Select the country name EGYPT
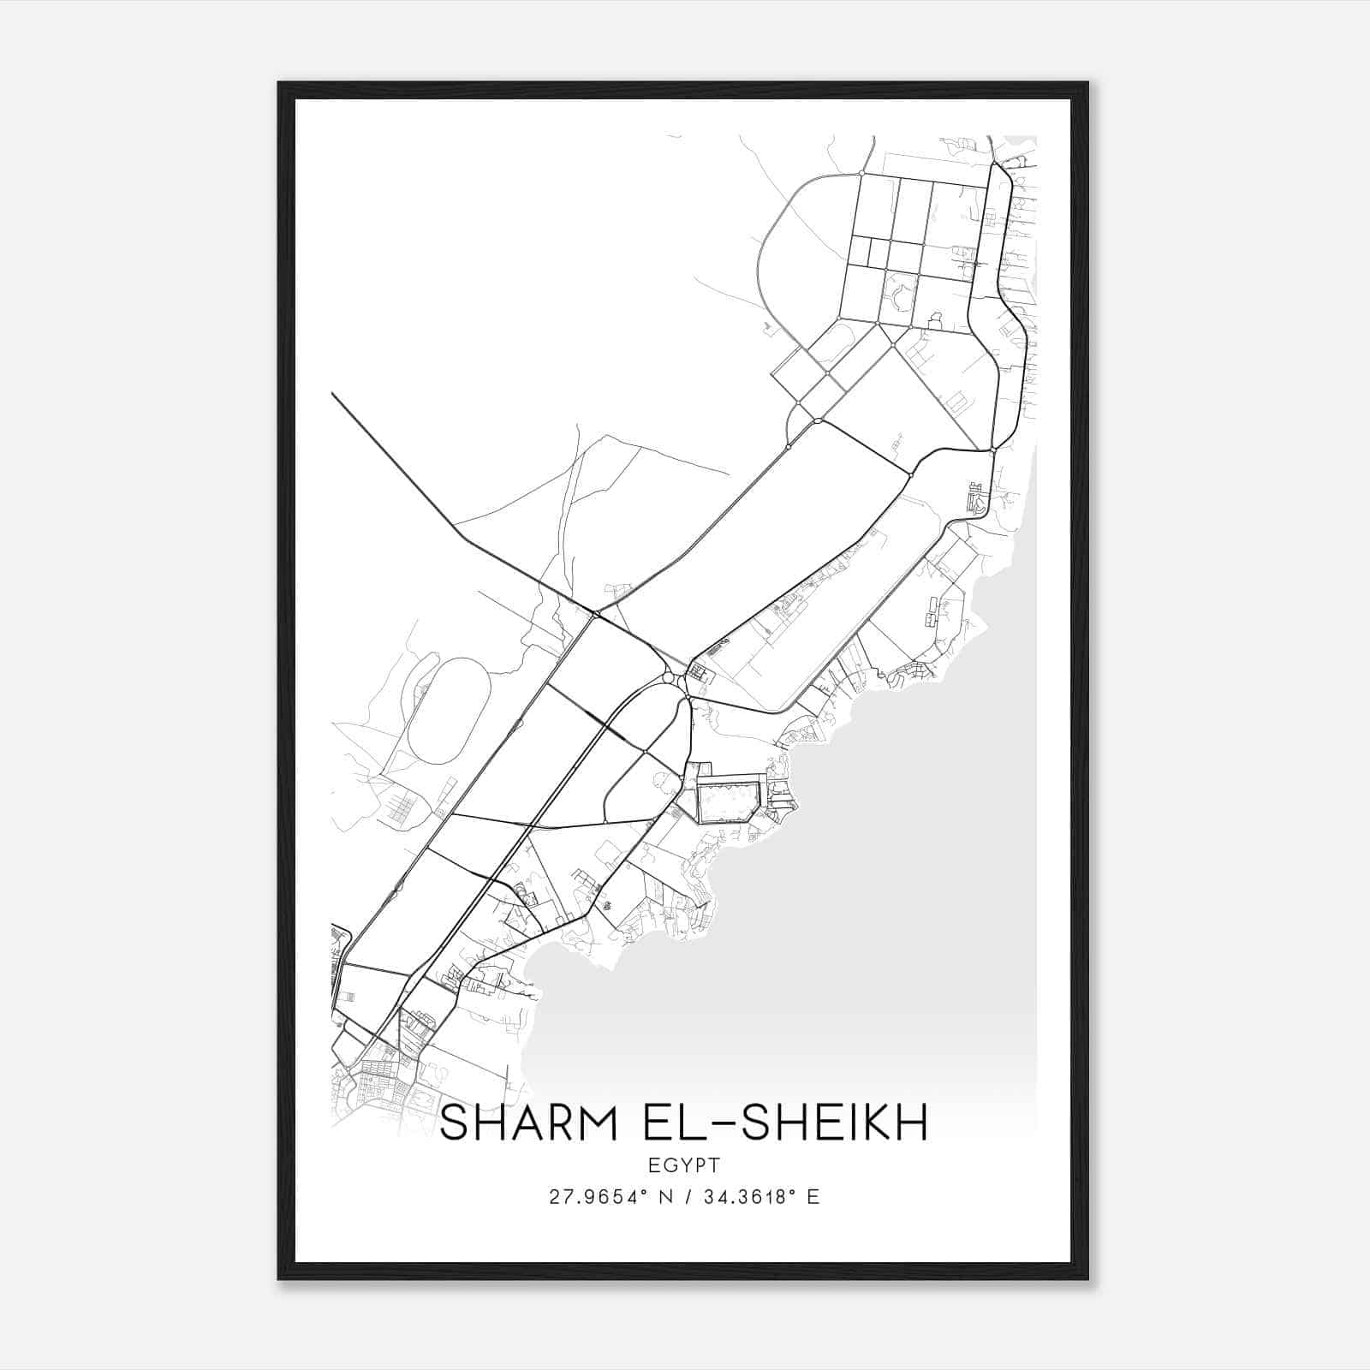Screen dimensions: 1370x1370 pyautogui.click(x=684, y=1165)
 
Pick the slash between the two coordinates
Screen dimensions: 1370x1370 pyautogui.click(x=682, y=1197)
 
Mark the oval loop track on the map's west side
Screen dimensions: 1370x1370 pyautogui.click(x=449, y=711)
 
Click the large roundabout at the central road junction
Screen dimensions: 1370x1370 pyautogui.click(x=668, y=678)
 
